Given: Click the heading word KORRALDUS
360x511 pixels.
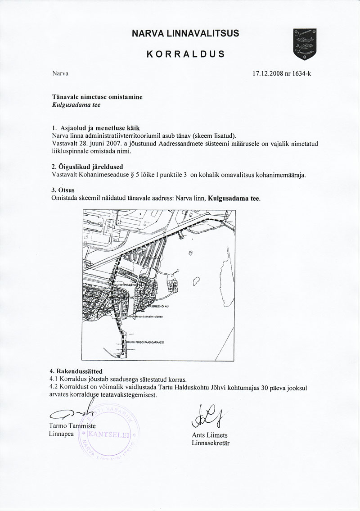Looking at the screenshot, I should [x=185, y=54].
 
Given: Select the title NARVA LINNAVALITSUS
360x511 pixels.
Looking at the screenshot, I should [x=185, y=33].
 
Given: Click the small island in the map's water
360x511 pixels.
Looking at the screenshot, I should [x=196, y=282].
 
